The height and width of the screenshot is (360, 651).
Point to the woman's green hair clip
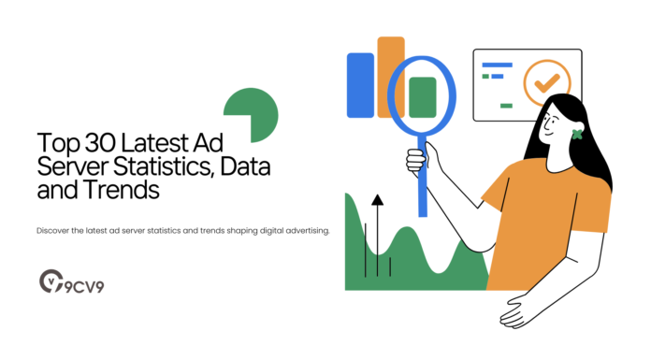(x=576, y=134)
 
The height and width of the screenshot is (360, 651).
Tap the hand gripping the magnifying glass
(x=417, y=159)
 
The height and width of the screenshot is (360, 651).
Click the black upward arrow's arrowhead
(x=377, y=200)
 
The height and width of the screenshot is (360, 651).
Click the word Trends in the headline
(x=124, y=191)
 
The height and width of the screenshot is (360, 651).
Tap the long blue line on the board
(x=497, y=65)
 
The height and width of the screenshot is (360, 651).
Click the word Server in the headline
(x=65, y=167)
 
